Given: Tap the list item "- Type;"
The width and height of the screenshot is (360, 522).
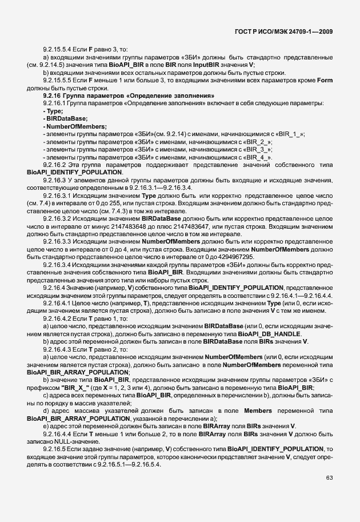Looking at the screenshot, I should pyautogui.click(x=53, y=111).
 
